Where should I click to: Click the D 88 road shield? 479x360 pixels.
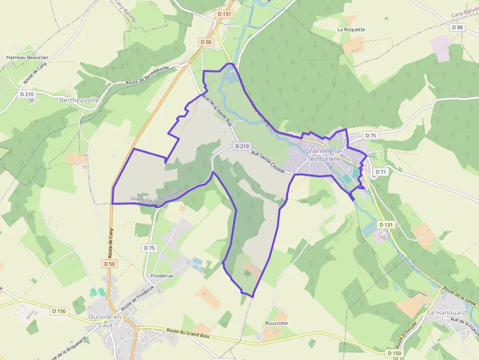coord(457,27)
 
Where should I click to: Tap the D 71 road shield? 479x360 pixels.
coord(381,172)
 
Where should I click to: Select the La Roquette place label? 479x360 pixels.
coord(351,29)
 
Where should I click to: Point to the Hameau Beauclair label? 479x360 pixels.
coord(27,57)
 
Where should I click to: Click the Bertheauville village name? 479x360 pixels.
coord(79,100)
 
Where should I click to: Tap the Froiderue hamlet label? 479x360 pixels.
coord(162,275)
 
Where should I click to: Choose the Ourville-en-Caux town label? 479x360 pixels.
coord(106,321)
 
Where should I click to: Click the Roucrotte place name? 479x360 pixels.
coord(276,323)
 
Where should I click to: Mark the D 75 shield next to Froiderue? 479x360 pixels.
coord(150,248)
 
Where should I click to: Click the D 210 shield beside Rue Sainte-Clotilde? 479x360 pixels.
coord(242,146)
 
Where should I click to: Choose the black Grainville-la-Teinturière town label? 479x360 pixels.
coord(326,154)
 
